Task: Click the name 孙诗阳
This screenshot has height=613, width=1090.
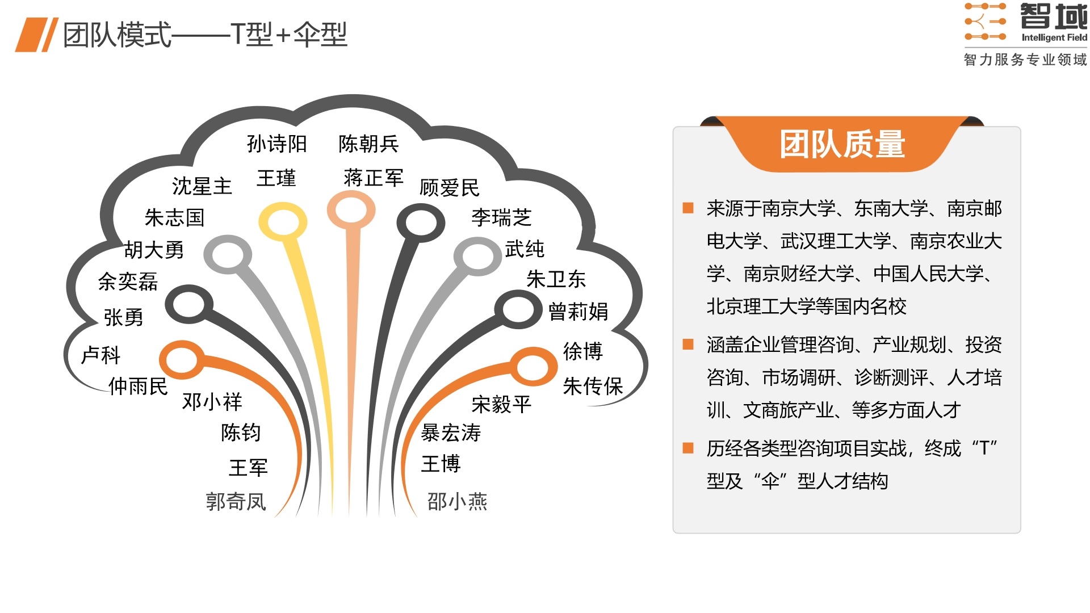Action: [x=276, y=144]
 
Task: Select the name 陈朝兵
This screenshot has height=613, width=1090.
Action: [x=368, y=144]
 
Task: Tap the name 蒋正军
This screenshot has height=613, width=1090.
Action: [x=374, y=178]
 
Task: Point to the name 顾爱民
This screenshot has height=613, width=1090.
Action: [x=450, y=188]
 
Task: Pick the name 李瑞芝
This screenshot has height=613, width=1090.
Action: [x=501, y=217]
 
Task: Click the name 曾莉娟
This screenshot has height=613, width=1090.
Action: [x=578, y=312]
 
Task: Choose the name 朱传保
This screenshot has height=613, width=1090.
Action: [x=593, y=386]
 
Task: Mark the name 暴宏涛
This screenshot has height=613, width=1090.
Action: [x=451, y=433]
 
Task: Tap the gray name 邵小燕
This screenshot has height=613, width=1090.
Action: [x=457, y=502]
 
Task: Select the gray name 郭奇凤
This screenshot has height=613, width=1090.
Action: [x=236, y=502]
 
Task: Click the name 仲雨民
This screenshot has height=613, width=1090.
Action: [x=138, y=386]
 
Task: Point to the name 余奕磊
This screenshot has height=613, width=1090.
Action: [x=128, y=282]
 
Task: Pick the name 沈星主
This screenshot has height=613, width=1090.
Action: [x=202, y=186]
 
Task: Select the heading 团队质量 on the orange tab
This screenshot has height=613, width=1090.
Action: [x=842, y=144]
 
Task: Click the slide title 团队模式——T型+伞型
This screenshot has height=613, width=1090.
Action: [x=205, y=35]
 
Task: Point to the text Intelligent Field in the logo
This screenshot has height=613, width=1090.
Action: [x=1054, y=37]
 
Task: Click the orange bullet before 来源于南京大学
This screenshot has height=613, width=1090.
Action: [x=688, y=208]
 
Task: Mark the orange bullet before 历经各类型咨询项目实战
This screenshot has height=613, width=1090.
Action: [x=688, y=448]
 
